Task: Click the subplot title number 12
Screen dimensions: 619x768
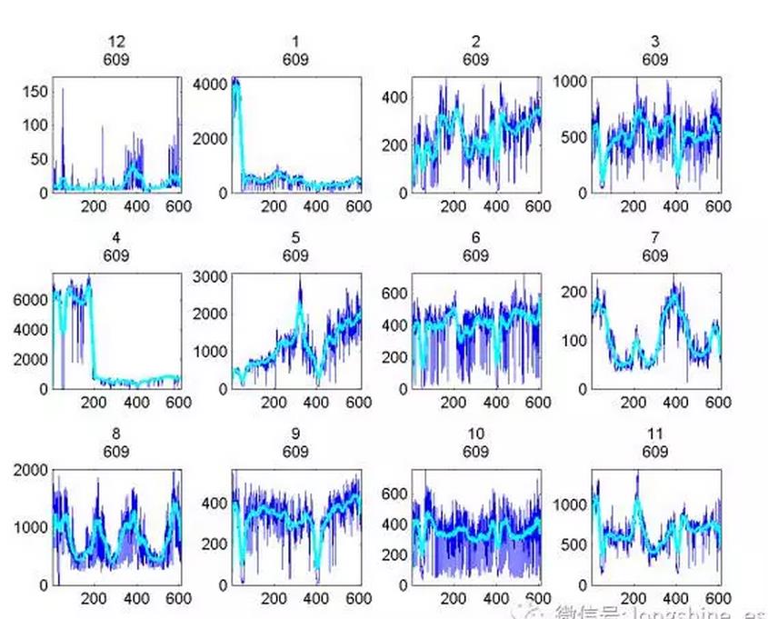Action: pos(115,42)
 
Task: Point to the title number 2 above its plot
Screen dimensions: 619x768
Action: pos(475,42)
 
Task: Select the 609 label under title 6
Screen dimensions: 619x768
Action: pos(475,256)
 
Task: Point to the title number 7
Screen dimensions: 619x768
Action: pos(654,238)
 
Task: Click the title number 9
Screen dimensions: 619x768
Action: pos(295,434)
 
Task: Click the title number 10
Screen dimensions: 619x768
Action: pos(475,434)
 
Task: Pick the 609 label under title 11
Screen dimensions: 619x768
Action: pos(654,452)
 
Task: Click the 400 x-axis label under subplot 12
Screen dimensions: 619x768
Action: pos(137,207)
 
